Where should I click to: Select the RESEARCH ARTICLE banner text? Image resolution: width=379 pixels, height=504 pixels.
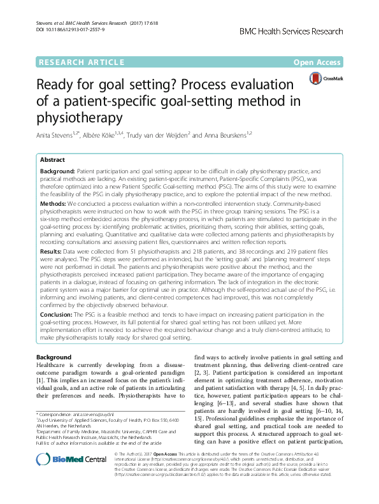82,62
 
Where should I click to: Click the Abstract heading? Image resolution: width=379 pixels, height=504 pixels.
52,160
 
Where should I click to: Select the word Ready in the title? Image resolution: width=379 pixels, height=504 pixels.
58,85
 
